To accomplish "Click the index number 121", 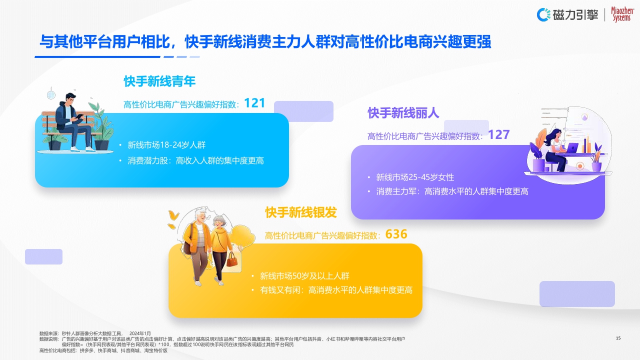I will [254, 103].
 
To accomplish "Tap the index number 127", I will [498, 134].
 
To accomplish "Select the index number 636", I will [396, 234].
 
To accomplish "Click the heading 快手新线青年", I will [159, 81].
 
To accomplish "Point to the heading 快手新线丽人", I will [403, 113].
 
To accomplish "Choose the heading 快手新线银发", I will [301, 212].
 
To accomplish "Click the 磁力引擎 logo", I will [568, 14].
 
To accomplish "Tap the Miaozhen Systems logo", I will [622, 14].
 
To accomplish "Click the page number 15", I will [618, 338].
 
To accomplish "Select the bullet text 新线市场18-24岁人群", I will [166, 145].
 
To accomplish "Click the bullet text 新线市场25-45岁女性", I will [415, 177].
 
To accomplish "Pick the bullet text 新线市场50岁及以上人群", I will [304, 276].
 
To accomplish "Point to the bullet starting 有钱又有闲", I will [336, 290].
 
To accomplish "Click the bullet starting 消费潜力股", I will [195, 160].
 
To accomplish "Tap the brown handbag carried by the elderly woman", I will [231, 259].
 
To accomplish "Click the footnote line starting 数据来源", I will [95, 333].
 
